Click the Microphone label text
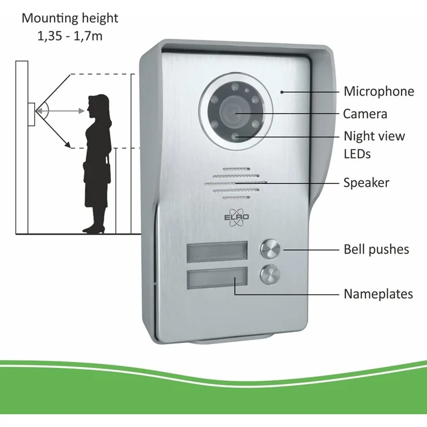pos(378,92)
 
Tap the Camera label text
pos(365,114)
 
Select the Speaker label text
pos(366,183)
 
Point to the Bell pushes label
pos(376,249)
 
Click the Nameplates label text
pos(378,294)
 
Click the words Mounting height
pos(70,19)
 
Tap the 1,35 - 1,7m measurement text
pos(70,36)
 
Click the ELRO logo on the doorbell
pos(236,217)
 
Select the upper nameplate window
pos(217,252)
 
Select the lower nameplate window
pos(217,277)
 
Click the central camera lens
pos(231,113)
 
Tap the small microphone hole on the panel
pos(282,92)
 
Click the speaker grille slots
pos(236,183)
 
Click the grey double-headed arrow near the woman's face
pos(60,111)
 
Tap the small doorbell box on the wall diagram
pos(31,114)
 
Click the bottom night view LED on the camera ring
pos(234,136)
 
